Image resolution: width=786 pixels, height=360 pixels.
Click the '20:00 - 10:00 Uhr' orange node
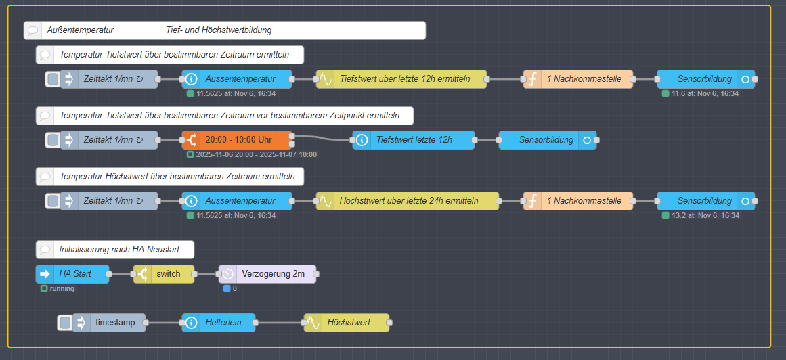[x=237, y=140]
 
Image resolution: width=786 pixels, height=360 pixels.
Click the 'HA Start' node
[x=72, y=274]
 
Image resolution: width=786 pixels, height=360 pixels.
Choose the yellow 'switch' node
[x=164, y=274]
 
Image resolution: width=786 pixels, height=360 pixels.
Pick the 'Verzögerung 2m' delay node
[x=267, y=274]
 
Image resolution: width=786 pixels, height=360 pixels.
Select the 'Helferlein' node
[x=219, y=323]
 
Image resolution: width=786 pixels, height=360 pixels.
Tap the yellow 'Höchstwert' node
[x=347, y=323]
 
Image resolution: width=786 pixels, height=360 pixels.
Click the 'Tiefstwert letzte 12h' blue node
[x=413, y=140]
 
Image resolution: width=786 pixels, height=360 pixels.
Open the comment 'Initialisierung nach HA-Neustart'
[x=115, y=250]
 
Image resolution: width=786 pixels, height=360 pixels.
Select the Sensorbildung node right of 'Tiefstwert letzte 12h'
[x=548, y=140]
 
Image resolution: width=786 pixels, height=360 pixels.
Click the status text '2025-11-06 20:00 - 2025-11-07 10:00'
[x=256, y=154]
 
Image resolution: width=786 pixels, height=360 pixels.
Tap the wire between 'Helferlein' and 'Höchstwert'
[x=280, y=323]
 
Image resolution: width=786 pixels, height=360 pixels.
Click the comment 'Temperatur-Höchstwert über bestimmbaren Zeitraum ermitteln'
[x=170, y=177]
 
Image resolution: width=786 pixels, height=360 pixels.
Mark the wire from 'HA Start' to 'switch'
[x=121, y=274]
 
